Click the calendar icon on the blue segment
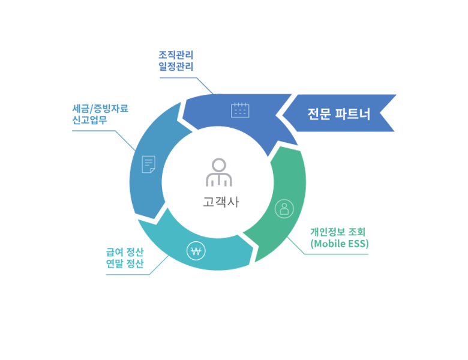(240, 110)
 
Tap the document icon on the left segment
(148, 164)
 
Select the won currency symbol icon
(196, 251)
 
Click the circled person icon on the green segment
(284, 209)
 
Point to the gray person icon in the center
(219, 172)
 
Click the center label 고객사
(220, 202)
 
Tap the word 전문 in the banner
(319, 113)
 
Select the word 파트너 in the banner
(353, 113)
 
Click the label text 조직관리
(175, 55)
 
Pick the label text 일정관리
(175, 67)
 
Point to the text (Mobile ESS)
(340, 244)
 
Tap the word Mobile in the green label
(329, 244)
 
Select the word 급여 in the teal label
(114, 252)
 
